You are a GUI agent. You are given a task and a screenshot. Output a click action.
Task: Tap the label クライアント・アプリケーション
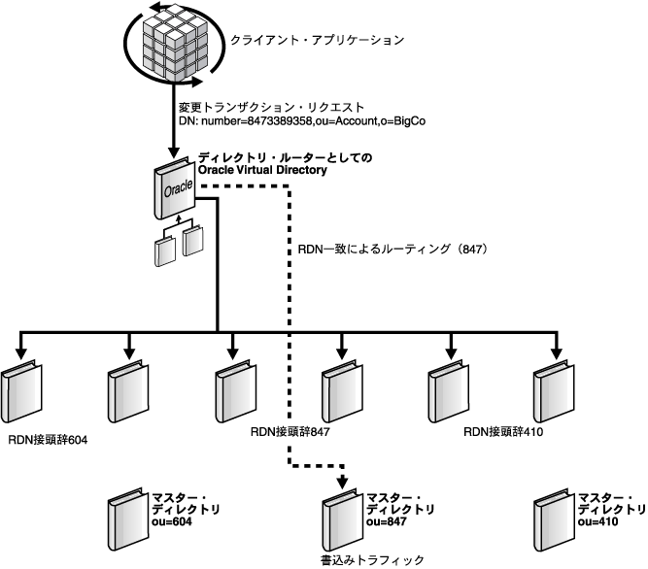point(315,41)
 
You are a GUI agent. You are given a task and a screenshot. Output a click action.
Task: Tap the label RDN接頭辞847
point(291,433)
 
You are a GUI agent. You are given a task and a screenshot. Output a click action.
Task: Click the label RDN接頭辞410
point(503,433)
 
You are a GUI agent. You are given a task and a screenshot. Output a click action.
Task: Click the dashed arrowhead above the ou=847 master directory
point(341,482)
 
